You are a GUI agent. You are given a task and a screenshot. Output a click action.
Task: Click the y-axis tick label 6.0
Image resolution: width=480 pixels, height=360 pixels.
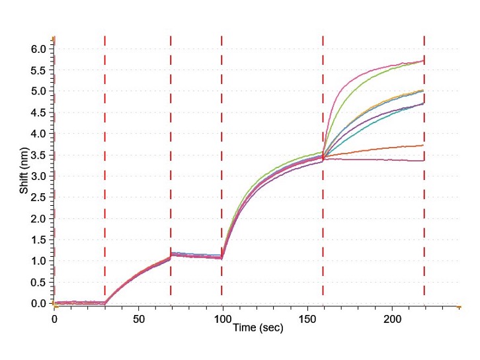coord(38,49)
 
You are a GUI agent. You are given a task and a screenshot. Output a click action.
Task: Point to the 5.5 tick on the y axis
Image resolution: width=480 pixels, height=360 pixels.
coord(38,70)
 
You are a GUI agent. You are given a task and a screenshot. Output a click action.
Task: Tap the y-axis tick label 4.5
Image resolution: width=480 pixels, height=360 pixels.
coord(38,112)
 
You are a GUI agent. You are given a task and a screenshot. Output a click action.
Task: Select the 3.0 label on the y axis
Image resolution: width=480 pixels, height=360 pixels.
coord(38,176)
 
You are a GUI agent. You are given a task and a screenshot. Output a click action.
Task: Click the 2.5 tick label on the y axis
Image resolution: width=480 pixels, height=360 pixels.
coord(38,197)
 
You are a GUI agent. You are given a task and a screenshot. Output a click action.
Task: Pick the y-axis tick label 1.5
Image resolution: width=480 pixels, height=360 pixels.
coord(38,240)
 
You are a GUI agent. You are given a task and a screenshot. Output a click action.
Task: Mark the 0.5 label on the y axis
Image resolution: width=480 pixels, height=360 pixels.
coord(38,282)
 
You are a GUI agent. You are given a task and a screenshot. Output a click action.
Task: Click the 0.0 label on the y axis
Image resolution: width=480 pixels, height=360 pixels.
coord(38,303)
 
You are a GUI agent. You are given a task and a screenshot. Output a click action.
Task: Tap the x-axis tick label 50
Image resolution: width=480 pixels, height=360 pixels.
coord(139,318)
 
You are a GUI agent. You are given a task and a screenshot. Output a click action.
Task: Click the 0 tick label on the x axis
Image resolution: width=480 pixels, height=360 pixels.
coord(55,318)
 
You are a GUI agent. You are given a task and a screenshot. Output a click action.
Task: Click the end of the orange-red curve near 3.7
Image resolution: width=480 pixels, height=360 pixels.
coord(423,145)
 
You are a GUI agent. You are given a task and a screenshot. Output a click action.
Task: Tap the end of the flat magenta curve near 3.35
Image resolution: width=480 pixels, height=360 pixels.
coord(423,160)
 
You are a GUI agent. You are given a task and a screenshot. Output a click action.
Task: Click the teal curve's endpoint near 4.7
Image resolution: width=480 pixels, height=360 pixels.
coord(423,103)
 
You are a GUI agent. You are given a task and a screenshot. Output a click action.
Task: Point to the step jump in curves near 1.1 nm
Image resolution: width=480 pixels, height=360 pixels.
coord(171,255)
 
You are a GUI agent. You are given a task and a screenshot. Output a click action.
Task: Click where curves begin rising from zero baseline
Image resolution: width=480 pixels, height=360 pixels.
coord(105,302)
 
